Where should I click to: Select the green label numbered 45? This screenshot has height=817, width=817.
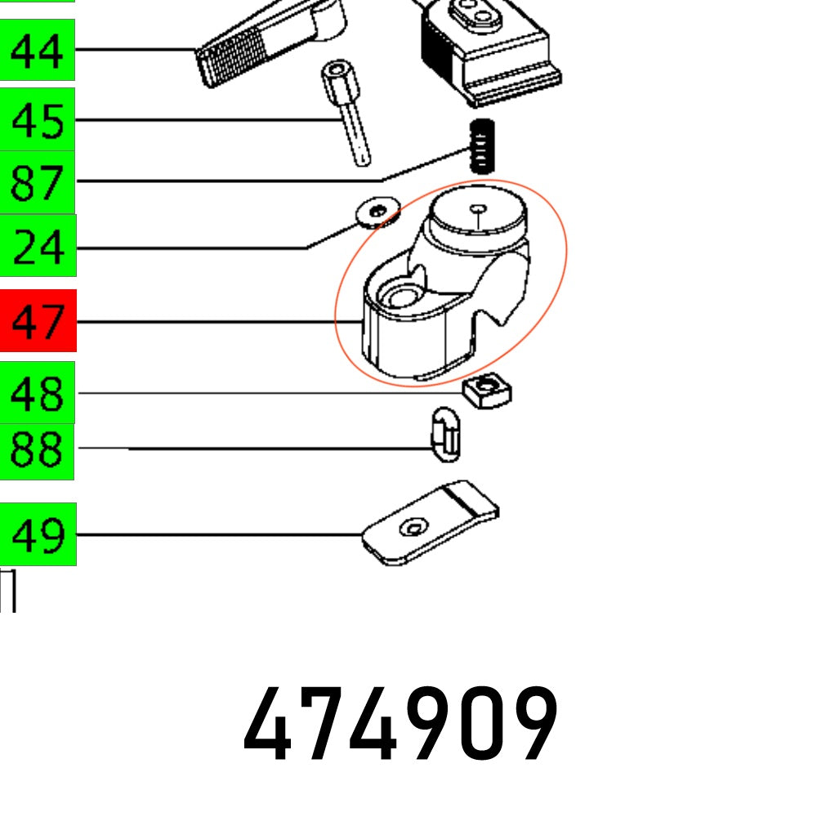click(37, 120)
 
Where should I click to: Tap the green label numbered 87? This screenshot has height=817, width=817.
click(37, 182)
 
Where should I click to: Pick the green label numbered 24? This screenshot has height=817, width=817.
click(37, 246)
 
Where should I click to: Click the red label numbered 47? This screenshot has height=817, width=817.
click(37, 321)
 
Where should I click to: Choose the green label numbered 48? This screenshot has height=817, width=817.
click(37, 394)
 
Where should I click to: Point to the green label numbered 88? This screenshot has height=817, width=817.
click(37, 449)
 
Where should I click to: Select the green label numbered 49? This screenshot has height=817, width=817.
click(37, 535)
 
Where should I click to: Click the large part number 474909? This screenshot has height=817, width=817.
click(400, 725)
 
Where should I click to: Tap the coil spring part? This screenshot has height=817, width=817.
click(483, 146)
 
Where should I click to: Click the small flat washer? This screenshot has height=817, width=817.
click(377, 212)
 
